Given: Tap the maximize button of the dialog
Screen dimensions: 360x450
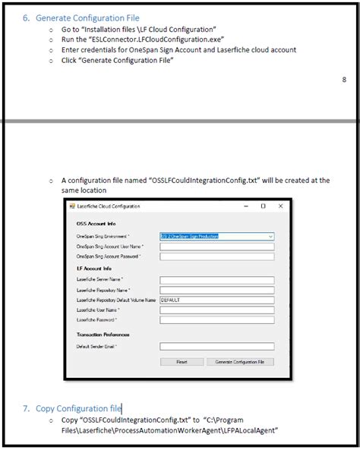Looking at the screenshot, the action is (x=263, y=206).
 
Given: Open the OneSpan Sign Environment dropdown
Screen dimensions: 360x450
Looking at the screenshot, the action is (x=216, y=237).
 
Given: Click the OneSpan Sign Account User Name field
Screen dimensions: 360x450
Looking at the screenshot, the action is (x=216, y=247).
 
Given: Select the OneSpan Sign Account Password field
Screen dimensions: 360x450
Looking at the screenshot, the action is (x=216, y=256).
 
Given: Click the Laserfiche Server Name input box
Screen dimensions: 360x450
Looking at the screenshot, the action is (x=216, y=280).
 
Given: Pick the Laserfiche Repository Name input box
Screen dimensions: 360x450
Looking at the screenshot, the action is (x=216, y=290).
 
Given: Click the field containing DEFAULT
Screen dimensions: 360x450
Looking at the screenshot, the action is (x=216, y=300).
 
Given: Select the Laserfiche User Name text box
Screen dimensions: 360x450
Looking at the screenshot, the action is (x=216, y=310).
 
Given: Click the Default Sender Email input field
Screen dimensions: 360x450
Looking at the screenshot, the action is (x=216, y=345).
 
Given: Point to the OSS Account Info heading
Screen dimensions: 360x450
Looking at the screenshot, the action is (x=96, y=225).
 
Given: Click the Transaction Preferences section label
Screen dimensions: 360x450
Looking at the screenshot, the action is (x=103, y=334).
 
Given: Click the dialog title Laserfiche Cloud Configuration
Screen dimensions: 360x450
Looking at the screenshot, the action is (x=109, y=206).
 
